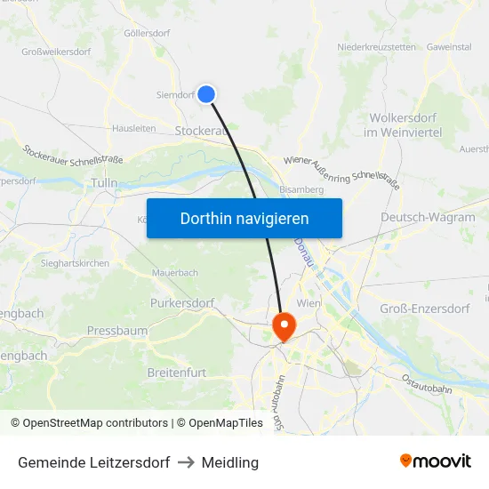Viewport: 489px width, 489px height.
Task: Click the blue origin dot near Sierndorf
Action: [206, 93]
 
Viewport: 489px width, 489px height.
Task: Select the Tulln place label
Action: [104, 182]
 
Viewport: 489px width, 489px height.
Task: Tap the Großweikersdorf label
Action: [56, 52]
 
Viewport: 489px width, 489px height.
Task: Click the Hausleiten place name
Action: [133, 128]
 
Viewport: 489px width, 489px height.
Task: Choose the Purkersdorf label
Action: [183, 303]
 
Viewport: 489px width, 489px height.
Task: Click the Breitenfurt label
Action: [177, 371]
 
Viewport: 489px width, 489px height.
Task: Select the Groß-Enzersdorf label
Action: [424, 309]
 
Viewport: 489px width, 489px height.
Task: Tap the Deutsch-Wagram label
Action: [428, 217]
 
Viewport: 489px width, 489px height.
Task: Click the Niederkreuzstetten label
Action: [376, 47]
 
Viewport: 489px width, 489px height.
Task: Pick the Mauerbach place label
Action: [175, 272]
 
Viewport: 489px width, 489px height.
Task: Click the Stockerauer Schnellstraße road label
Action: [73, 154]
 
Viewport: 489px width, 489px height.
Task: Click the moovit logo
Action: [435, 461]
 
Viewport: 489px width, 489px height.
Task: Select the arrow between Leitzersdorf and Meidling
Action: [186, 462]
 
